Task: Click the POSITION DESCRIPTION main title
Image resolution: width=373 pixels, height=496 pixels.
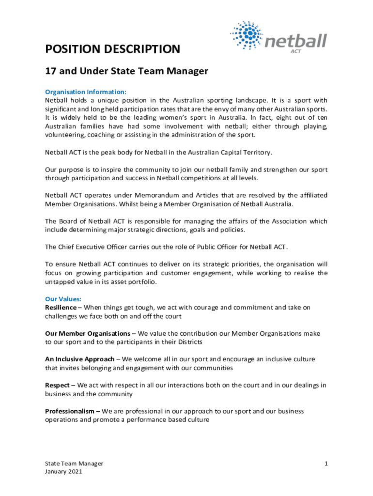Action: point(112,49)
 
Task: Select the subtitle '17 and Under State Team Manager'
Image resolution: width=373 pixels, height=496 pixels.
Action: point(126,72)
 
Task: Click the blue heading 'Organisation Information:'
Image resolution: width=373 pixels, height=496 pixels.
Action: point(86,92)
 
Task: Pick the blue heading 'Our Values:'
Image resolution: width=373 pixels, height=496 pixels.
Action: point(63,299)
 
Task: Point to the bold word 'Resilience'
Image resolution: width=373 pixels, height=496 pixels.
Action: point(61,308)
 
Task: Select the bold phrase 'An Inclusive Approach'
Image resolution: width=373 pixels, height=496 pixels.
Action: point(79,359)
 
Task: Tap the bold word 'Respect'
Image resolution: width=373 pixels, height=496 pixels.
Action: point(57,386)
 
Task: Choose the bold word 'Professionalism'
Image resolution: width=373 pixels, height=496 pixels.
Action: point(69,411)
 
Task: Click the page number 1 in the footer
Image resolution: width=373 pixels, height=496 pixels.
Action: point(326,464)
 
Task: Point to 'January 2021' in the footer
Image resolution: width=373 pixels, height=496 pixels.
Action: point(63,471)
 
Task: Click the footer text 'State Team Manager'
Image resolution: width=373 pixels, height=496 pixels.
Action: point(74,464)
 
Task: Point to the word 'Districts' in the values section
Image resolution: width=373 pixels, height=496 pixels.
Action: point(187,342)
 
